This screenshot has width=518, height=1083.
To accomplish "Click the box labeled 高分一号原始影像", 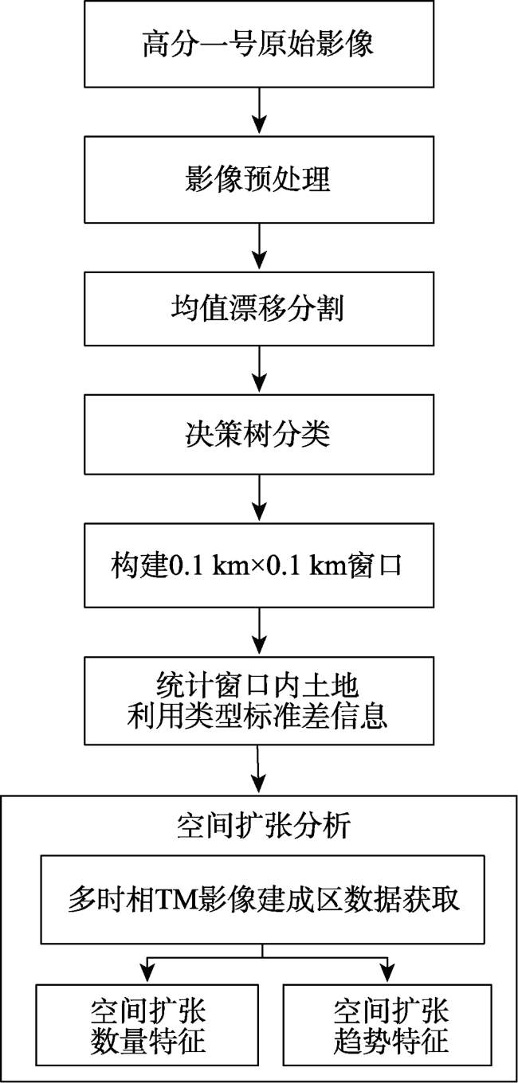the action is coord(259,44).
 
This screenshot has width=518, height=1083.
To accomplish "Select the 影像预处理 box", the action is coord(259,179).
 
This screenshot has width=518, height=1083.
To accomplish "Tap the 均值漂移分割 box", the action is coord(259,308).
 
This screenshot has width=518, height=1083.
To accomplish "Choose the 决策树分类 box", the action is coord(259,434).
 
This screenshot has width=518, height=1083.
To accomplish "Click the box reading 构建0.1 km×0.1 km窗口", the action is coord(259,565).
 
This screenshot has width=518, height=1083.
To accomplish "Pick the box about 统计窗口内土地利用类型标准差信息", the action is coord(259,700).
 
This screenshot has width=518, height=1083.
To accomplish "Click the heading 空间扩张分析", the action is coord(264,825).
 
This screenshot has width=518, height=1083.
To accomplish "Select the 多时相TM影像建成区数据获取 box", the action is coord(263,899).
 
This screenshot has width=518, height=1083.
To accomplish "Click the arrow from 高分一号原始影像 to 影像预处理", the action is coord(260,111).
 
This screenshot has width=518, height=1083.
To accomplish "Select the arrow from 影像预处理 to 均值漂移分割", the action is coord(260,247).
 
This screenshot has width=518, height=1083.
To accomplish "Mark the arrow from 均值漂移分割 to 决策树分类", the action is coord(260,369).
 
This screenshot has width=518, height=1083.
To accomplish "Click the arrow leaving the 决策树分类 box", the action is coord(260,498).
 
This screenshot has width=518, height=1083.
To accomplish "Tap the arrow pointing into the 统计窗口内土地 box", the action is coord(260,631).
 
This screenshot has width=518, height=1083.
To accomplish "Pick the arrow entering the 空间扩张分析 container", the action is coord(259,768).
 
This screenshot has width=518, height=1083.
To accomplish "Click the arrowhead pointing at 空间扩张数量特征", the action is coord(147,975).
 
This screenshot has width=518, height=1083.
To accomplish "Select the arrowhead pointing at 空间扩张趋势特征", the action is coord(387,975).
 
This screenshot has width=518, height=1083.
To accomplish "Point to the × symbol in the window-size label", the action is coord(256,566).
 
